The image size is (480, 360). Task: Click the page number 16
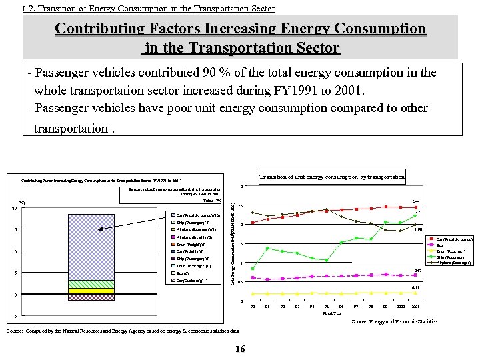coord(240,349)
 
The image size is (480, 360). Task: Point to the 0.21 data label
coord(415,288)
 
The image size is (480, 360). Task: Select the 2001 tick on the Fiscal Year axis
coord(415,307)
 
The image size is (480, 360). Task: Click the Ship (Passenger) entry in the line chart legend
coord(450,257)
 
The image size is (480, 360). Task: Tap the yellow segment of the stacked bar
coord(91,291)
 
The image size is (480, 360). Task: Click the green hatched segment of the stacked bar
coord(91,284)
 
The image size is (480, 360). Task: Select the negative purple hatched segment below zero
coord(91,297)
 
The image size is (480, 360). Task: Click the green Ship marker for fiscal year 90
coord(253,268)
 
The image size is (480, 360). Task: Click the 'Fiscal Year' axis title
coord(331,313)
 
